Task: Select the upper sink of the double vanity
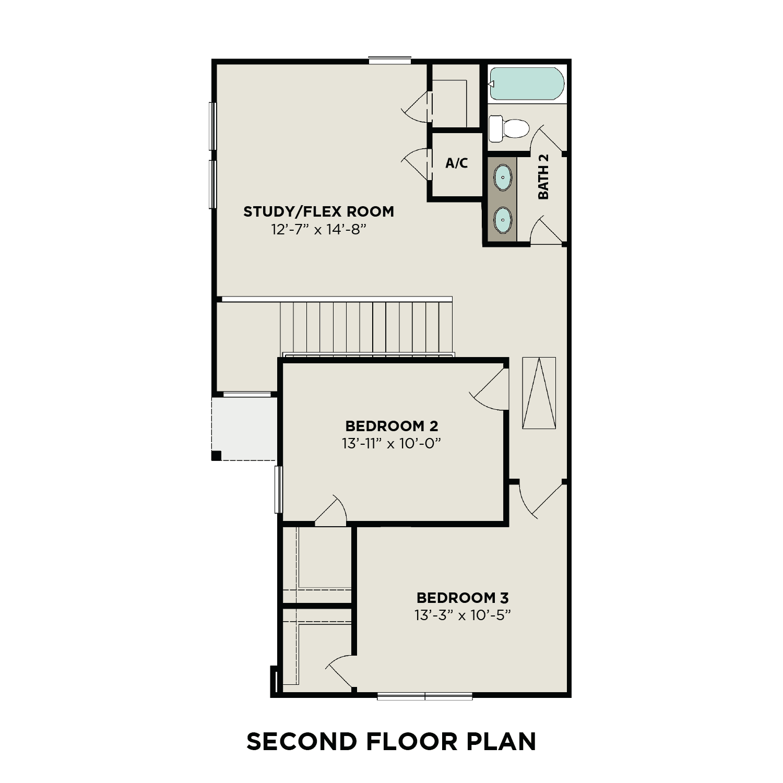(503, 178)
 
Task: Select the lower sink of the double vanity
(503, 220)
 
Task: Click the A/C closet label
(456, 163)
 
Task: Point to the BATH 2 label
(543, 176)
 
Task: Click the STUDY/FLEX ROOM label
(318, 211)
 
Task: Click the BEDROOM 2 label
(391, 425)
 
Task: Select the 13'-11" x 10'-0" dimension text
(391, 444)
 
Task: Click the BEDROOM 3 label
(462, 598)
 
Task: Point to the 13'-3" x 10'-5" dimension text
(462, 615)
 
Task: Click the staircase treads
(365, 328)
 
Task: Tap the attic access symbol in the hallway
(539, 393)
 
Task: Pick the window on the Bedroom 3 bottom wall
(424, 695)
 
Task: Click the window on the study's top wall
(389, 61)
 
